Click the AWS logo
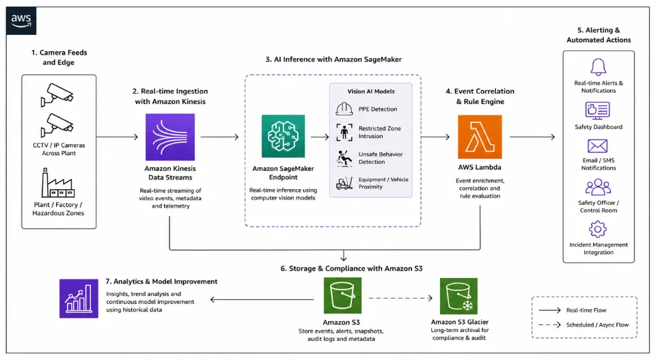pos(21,20)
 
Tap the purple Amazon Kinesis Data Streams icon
pos(170,137)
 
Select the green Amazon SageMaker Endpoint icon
pos(283,137)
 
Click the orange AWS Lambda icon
pos(480,137)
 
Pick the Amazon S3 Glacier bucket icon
pos(459,296)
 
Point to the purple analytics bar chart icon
pos(79,299)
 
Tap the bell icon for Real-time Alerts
pos(599,67)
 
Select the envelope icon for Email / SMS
pos(597,146)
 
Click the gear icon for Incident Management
pos(597,229)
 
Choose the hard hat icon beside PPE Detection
pos(344,109)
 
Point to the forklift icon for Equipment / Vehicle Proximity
pos(344,184)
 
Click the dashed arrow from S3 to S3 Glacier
pos(400,298)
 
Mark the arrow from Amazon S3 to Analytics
pos(262,299)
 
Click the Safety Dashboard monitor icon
pos(597,111)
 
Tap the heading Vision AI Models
pos(370,91)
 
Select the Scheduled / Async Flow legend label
pos(597,325)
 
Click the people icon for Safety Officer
pos(598,187)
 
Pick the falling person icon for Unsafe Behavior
pos(344,158)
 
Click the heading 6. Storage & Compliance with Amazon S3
pos(351,268)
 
